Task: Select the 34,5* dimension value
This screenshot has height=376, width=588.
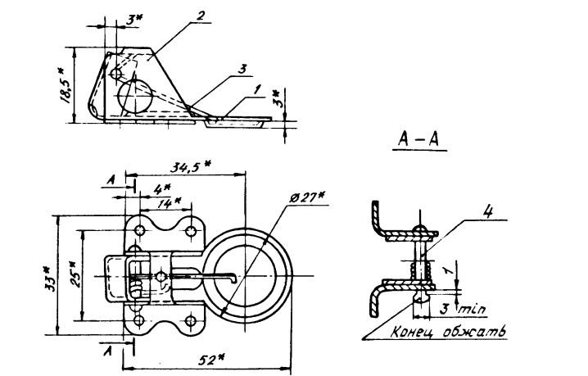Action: click(191, 165)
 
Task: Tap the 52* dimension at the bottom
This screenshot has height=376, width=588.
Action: click(212, 360)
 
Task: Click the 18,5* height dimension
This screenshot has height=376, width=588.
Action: click(66, 85)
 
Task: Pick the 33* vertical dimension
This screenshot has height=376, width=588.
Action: click(49, 279)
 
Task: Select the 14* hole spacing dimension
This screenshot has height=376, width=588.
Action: click(169, 203)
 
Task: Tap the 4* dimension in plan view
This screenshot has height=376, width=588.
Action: click(161, 189)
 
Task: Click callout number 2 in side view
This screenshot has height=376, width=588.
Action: click(201, 16)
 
